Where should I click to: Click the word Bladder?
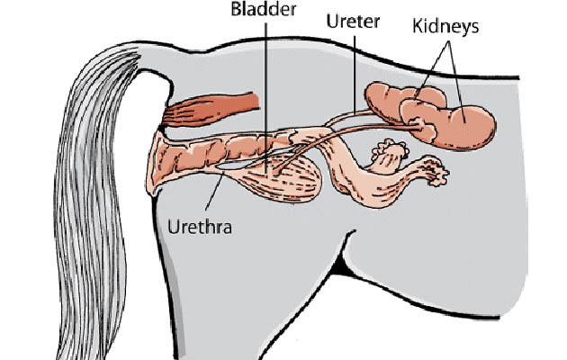pos(264,9)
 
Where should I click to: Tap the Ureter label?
pos(353,22)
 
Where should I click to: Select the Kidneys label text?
pos(445,27)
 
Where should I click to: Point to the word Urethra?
pos(200,227)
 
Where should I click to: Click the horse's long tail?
pos(94,202)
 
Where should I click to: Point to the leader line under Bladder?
pos(266,97)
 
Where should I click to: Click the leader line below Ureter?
pos(355,75)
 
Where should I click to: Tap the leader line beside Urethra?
pos(215,191)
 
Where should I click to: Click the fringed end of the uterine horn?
pos(436,171)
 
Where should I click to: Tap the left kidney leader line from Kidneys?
pos(432,68)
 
